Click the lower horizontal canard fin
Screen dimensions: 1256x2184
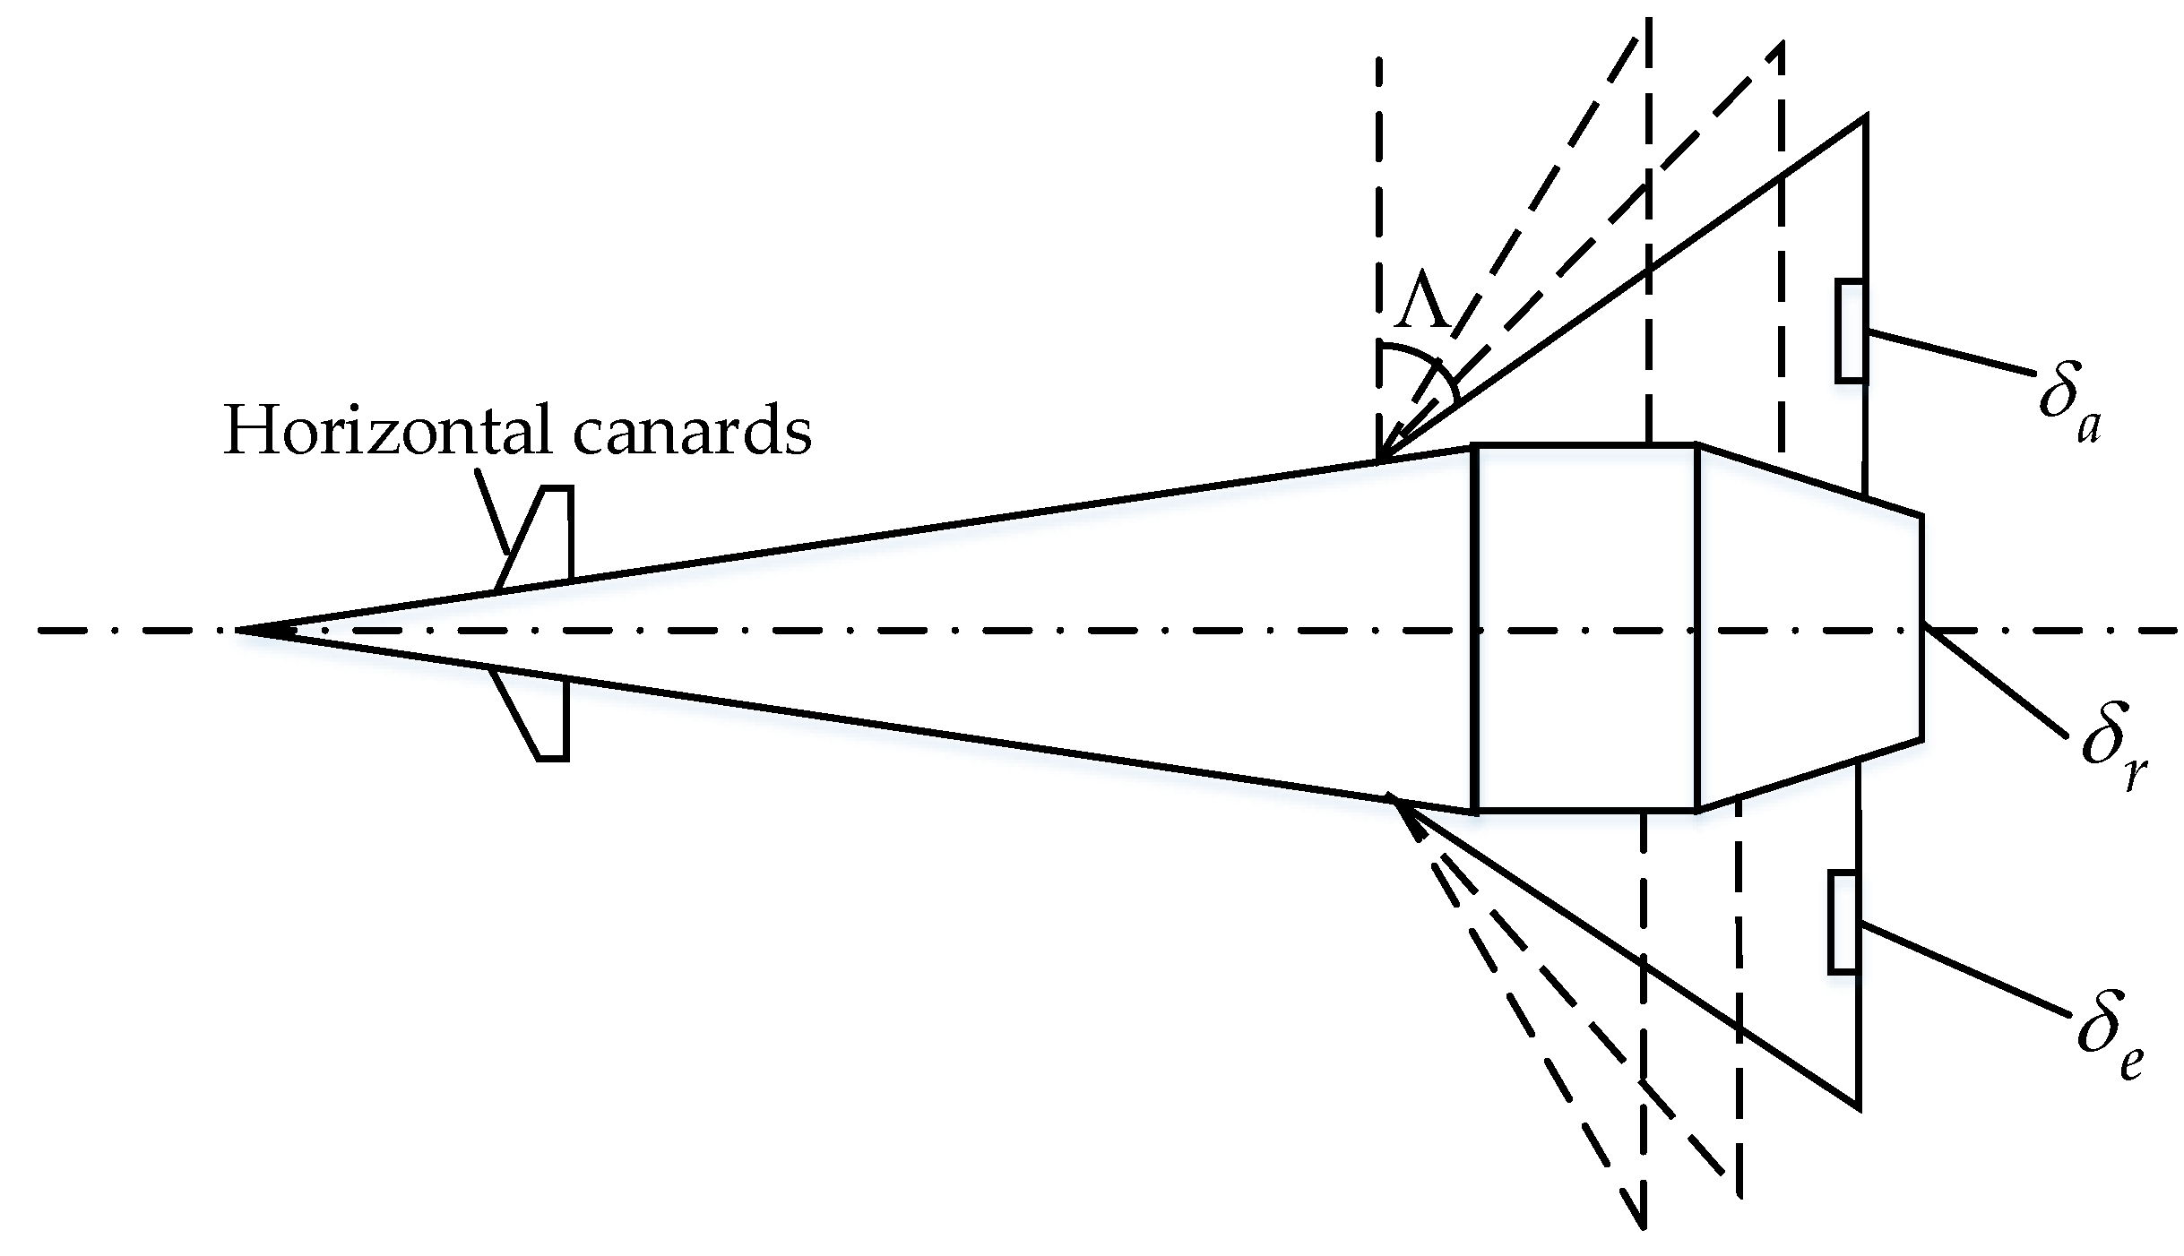pos(542,718)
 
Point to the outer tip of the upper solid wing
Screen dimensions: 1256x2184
pos(1864,117)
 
